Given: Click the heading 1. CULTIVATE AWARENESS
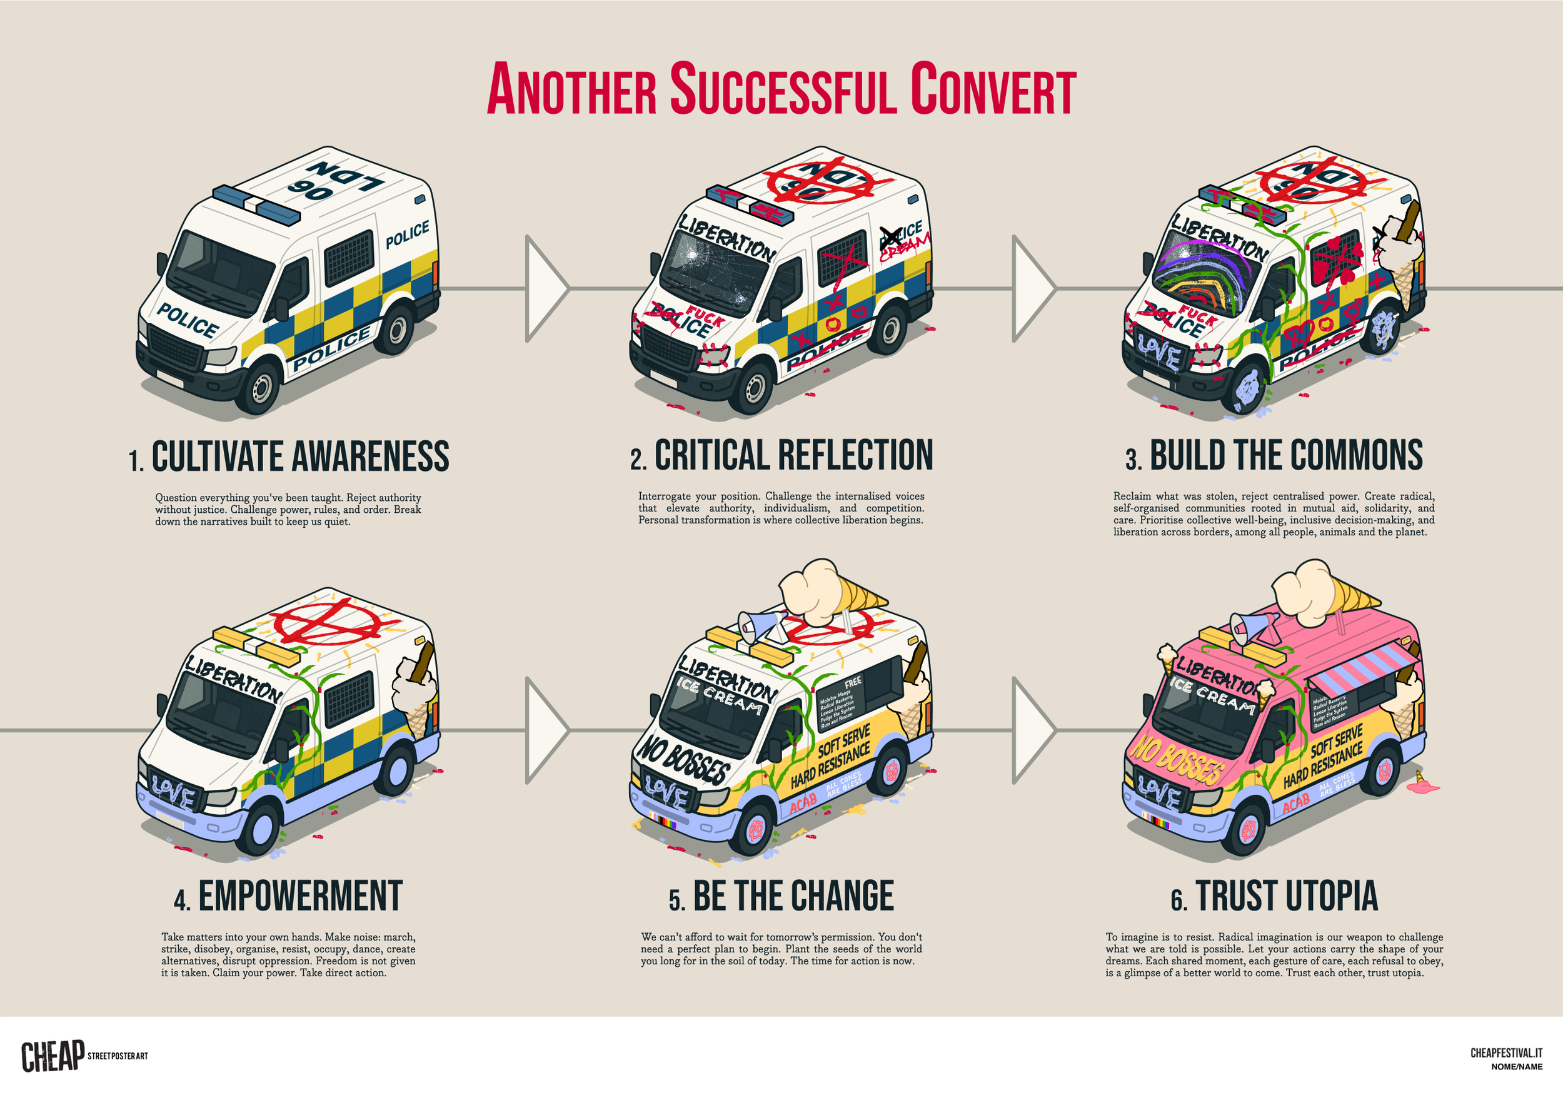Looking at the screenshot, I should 289,457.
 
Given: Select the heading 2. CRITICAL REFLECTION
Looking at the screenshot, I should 781,455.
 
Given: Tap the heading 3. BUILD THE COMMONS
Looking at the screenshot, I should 1274,455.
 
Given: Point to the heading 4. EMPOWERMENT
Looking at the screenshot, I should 288,896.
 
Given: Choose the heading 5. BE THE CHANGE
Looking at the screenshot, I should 781,896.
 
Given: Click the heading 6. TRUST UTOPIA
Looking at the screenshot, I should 1274,896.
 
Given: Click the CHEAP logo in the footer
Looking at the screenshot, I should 53,1056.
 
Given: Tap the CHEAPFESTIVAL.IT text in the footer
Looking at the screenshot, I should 1506,1052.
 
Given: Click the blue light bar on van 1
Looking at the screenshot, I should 256,204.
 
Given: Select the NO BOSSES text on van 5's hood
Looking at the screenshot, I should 683,759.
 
